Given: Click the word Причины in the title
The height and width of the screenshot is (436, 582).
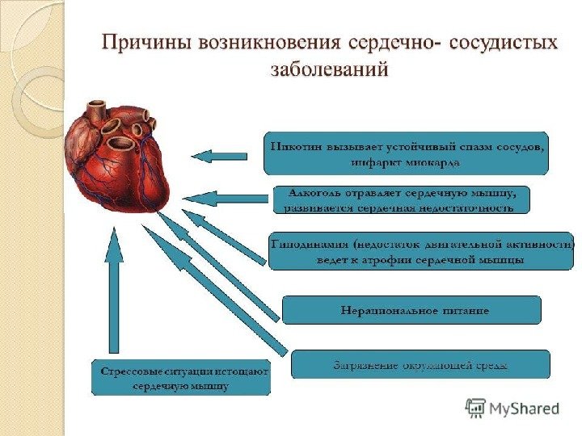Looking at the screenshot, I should pyautogui.click(x=143, y=42).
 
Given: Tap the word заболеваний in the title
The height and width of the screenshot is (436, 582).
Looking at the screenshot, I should pyautogui.click(x=329, y=70).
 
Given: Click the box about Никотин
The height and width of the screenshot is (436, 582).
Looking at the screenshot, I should pyautogui.click(x=406, y=153).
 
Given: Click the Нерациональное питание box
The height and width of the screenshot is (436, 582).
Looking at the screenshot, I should pyautogui.click(x=411, y=310).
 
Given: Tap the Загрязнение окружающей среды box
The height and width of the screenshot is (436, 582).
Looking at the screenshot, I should pyautogui.click(x=420, y=365).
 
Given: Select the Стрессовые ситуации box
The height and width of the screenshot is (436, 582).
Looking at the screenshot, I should pyautogui.click(x=180, y=377).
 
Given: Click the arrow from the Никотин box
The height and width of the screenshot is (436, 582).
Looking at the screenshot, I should pyautogui.click(x=220, y=155).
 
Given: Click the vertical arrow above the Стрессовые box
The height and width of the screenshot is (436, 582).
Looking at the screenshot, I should pyautogui.click(x=115, y=291).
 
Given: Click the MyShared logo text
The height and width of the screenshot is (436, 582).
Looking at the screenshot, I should pyautogui.click(x=525, y=409).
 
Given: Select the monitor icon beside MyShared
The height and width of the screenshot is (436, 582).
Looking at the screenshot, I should pyautogui.click(x=476, y=407).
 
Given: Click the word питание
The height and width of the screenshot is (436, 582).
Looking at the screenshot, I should pyautogui.click(x=464, y=310).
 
